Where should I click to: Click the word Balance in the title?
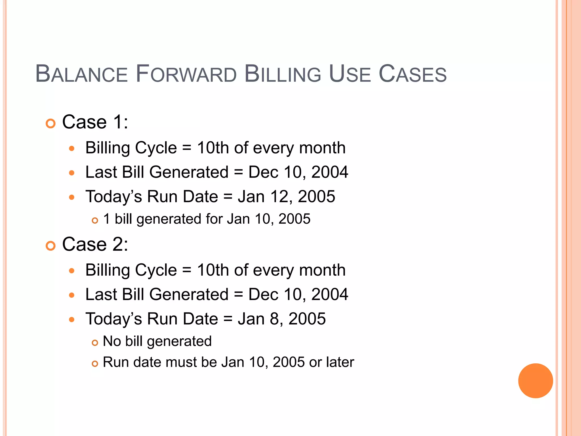tap(82, 74)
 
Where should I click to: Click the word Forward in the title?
tap(186, 74)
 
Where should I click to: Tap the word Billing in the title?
tap(283, 74)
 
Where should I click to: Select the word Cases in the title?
tap(413, 74)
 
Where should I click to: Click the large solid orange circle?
tap(535, 381)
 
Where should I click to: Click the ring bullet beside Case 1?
tap(50, 124)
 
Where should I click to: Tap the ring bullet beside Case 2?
tap(50, 246)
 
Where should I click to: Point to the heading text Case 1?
tap(95, 122)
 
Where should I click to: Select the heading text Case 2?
tap(95, 244)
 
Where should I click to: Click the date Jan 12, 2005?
tap(287, 196)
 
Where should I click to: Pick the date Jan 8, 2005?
tap(282, 319)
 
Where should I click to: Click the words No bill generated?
tap(157, 341)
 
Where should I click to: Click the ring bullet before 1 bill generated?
tap(95, 221)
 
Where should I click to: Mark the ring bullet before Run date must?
tap(95, 364)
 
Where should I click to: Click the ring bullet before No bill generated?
tap(95, 343)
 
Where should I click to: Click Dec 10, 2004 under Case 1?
tap(298, 172)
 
